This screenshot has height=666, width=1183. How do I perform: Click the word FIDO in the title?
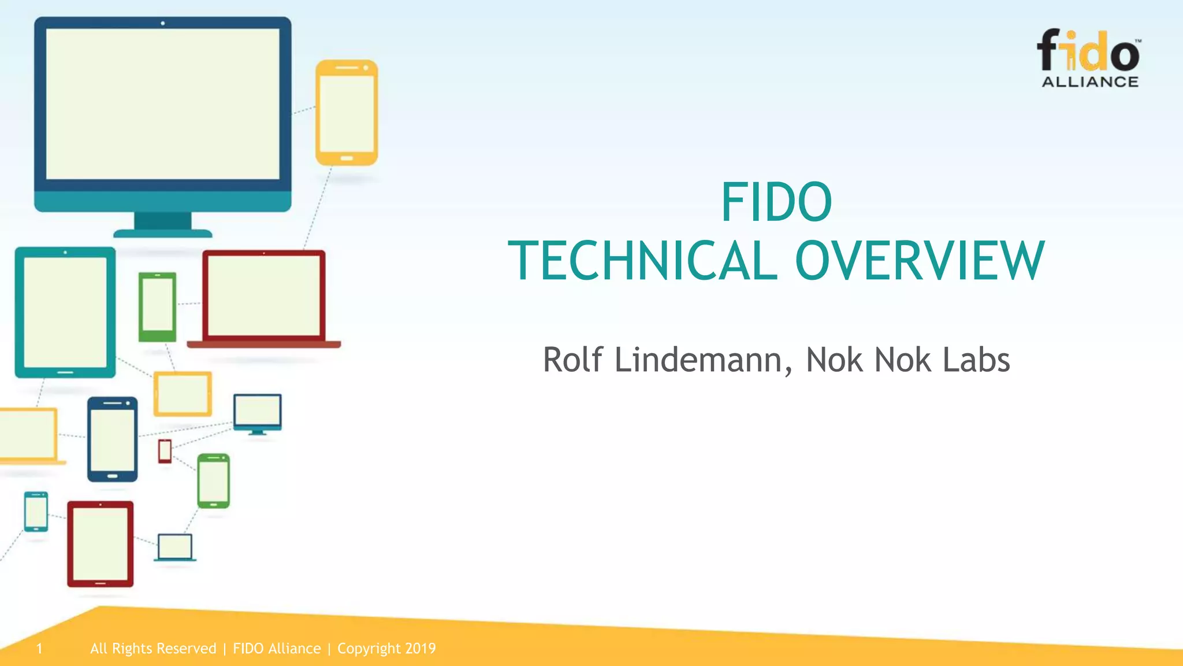pyautogui.click(x=776, y=202)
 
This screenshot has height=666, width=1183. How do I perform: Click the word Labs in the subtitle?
pyautogui.click(x=976, y=360)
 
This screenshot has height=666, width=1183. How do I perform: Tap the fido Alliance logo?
pyautogui.click(x=1089, y=58)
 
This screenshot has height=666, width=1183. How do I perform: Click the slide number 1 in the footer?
pyautogui.click(x=39, y=649)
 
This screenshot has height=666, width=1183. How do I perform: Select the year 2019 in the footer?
pyautogui.click(x=421, y=649)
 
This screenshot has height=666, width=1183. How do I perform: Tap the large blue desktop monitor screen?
pyautogui.click(x=162, y=104)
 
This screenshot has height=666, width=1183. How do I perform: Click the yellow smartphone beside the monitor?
pyautogui.click(x=347, y=113)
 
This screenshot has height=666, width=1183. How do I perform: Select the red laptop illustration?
pyautogui.click(x=264, y=298)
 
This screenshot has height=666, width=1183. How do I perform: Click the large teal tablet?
pyautogui.click(x=65, y=312)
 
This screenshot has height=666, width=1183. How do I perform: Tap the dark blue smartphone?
pyautogui.click(x=113, y=439)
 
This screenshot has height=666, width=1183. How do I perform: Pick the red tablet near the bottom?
pyautogui.click(x=101, y=544)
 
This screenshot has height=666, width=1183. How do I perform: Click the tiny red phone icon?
pyautogui.click(x=165, y=451)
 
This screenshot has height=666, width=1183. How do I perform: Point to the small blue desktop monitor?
pyautogui.click(x=258, y=413)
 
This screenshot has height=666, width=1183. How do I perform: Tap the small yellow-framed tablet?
pyautogui.click(x=183, y=394)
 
